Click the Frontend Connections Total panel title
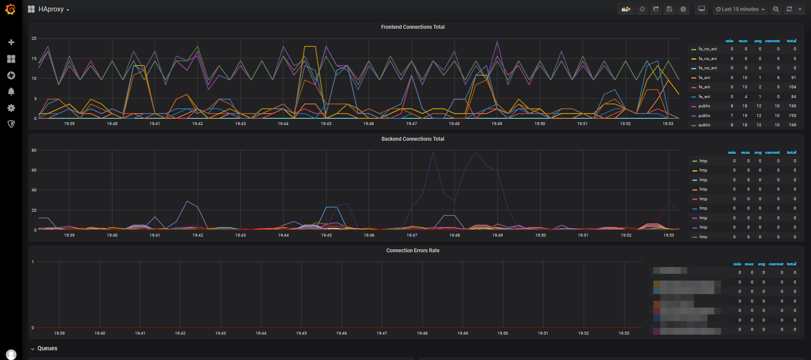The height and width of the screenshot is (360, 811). [x=413, y=27]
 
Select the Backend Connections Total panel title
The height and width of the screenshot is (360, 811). [x=413, y=139]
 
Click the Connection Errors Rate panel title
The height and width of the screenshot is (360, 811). [x=413, y=251]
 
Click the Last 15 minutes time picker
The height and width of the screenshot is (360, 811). [x=740, y=9]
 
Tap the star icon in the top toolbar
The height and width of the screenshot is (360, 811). [x=642, y=9]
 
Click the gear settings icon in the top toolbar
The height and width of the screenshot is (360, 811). [x=683, y=9]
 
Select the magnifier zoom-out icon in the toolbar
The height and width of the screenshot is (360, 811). [x=776, y=9]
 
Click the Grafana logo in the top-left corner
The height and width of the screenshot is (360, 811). [x=11, y=9]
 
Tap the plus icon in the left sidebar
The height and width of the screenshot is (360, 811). [x=11, y=42]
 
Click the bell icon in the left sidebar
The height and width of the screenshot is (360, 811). [x=11, y=92]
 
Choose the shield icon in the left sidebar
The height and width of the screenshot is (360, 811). [x=11, y=124]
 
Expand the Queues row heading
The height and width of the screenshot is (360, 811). [x=47, y=349]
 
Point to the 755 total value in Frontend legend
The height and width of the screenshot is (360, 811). [x=792, y=116]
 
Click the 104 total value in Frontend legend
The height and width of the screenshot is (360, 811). [x=792, y=87]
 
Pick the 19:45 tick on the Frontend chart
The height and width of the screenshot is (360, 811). [x=326, y=124]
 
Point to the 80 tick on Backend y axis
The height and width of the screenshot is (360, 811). [x=34, y=150]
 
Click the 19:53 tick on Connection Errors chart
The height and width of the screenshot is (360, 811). [x=623, y=333]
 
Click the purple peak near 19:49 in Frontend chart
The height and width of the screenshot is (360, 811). [x=497, y=42]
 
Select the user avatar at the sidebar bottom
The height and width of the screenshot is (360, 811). [x=11, y=354]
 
